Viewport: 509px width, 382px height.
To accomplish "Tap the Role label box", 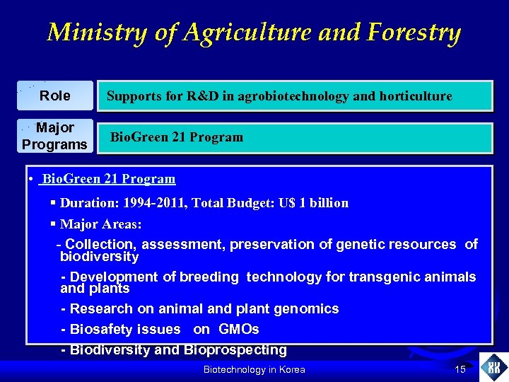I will click(x=55, y=95).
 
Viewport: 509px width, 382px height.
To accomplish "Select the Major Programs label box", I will click(x=55, y=137).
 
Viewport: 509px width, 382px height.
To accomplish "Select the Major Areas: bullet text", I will click(x=100, y=224).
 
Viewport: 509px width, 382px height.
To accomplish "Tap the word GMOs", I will click(x=239, y=329).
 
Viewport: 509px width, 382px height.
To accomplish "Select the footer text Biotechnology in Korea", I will click(x=254, y=370).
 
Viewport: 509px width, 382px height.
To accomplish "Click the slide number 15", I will click(x=460, y=369).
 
